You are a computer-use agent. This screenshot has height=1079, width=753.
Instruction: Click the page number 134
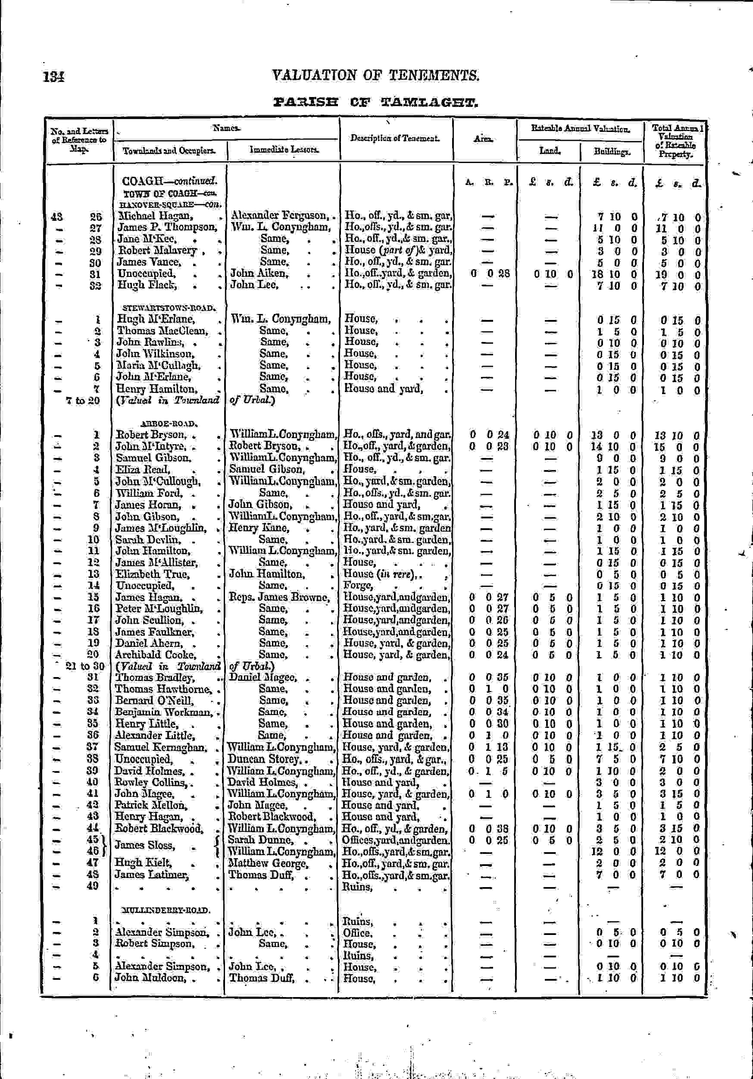(x=53, y=77)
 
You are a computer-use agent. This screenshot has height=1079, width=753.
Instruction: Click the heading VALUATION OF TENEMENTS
(x=375, y=75)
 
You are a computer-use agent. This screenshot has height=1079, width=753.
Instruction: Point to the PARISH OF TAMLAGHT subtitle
(x=375, y=102)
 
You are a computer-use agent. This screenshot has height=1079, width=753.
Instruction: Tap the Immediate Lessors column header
(x=284, y=150)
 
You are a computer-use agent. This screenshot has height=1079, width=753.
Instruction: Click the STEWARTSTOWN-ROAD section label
(x=168, y=308)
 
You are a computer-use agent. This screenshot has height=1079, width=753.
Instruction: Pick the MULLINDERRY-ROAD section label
(x=165, y=910)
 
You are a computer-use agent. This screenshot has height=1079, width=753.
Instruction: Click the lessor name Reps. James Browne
(x=279, y=597)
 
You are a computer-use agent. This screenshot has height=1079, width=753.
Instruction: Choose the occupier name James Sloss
(x=145, y=845)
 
